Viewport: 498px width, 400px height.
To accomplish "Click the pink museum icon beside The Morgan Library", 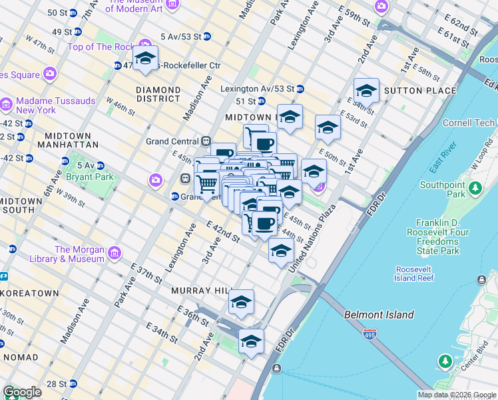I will pyautogui.click(x=113, y=253).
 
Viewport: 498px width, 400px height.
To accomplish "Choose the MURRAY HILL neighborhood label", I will pyautogui.click(x=200, y=291).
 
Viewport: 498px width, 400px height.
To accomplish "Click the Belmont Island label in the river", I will pyautogui.click(x=378, y=315).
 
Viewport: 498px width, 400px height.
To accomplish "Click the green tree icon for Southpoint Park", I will pyautogui.click(x=475, y=189).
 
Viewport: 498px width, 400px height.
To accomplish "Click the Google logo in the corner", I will pyautogui.click(x=22, y=392).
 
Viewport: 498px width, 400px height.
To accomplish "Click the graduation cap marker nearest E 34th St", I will pyautogui.click(x=251, y=341).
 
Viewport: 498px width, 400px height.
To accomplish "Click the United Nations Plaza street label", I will pyautogui.click(x=312, y=237).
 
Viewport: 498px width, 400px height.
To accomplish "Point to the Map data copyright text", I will pyautogui.click(x=456, y=395).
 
